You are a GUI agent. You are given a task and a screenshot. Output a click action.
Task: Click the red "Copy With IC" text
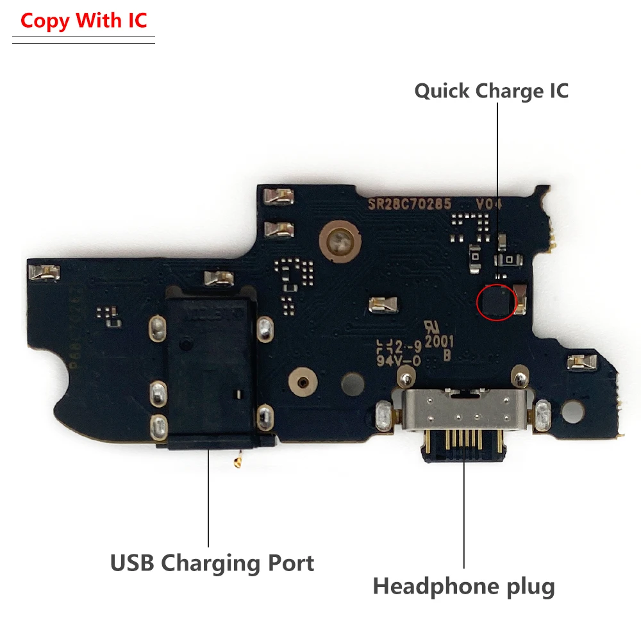point(83,21)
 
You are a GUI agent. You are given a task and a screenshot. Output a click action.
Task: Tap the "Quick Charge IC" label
point(491,90)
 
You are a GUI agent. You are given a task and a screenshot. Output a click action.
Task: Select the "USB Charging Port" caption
point(212,563)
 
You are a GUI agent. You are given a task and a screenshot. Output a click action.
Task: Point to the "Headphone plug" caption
point(463,586)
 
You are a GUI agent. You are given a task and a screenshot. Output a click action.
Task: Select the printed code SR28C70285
point(409,204)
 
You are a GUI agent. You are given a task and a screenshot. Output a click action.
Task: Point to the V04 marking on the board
point(488,204)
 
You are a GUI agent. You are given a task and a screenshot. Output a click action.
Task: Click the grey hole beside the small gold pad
point(351,384)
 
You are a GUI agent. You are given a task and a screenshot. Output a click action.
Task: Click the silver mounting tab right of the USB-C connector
point(542,415)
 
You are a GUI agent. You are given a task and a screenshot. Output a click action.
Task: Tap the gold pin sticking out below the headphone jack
point(239,458)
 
